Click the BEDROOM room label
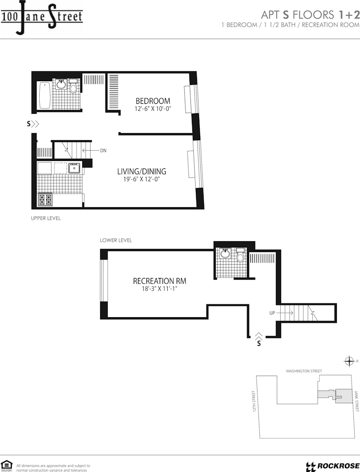pyautogui.click(x=153, y=101)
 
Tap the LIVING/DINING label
pyautogui.click(x=142, y=171)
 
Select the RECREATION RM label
pyautogui.click(x=160, y=281)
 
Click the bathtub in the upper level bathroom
pyautogui.click(x=45, y=95)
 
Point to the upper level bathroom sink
pyautogui.click(x=61, y=84)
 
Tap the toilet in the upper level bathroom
pyautogui.click(x=73, y=86)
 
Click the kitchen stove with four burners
pyautogui.click(x=44, y=199)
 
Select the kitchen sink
pyautogui.click(x=74, y=168)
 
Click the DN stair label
pyautogui.click(x=103, y=151)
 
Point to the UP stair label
pyautogui.click(x=272, y=313)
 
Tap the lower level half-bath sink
pyautogui.click(x=225, y=253)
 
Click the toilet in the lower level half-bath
pyautogui.click(x=240, y=255)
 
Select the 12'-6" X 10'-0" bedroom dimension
pyautogui.click(x=153, y=109)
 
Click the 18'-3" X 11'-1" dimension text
pyautogui.click(x=160, y=289)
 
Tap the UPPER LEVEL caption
pyautogui.click(x=46, y=218)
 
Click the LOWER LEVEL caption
pyautogui.click(x=116, y=240)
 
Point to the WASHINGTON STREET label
pyautogui.click(x=304, y=371)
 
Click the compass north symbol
pyautogui.click(x=349, y=361)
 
